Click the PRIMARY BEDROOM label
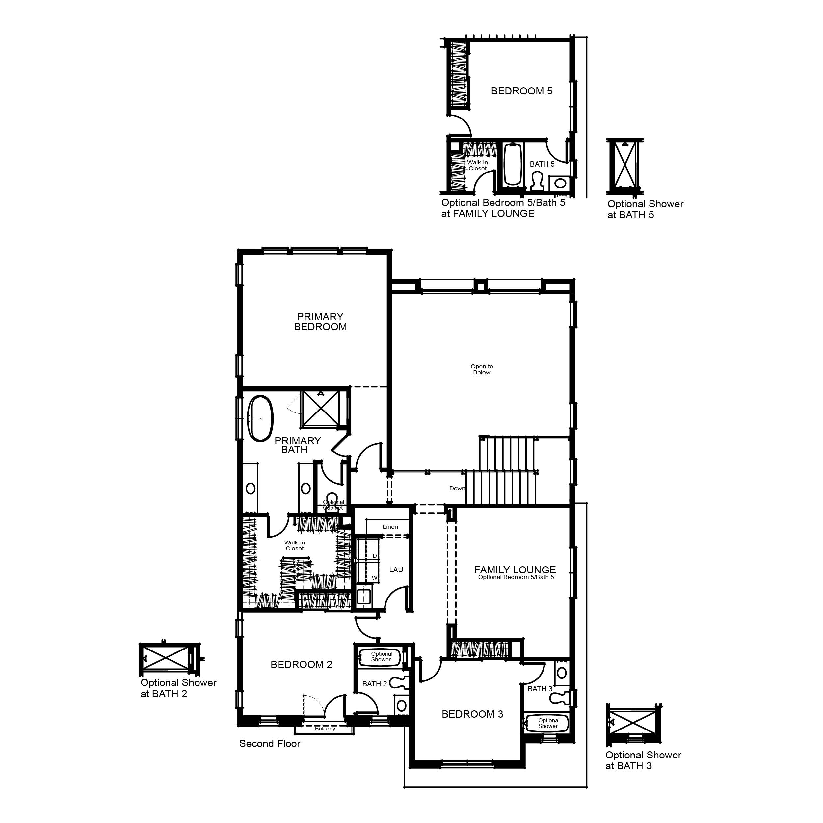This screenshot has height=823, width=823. pyautogui.click(x=320, y=322)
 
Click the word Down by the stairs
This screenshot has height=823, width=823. pyautogui.click(x=457, y=488)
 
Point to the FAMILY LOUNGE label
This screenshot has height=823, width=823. pyautogui.click(x=515, y=570)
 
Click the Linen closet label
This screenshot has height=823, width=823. pyautogui.click(x=390, y=527)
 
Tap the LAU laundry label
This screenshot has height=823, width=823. pyautogui.click(x=396, y=570)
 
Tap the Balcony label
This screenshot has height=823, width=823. pyautogui.click(x=325, y=729)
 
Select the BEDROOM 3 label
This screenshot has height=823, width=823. pyautogui.click(x=472, y=714)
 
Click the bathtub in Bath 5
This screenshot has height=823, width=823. pyautogui.click(x=513, y=164)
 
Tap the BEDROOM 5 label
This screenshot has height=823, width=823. pyautogui.click(x=521, y=91)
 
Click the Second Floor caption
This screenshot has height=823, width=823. pyautogui.click(x=270, y=743)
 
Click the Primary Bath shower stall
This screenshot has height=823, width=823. pyautogui.click(x=320, y=408)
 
